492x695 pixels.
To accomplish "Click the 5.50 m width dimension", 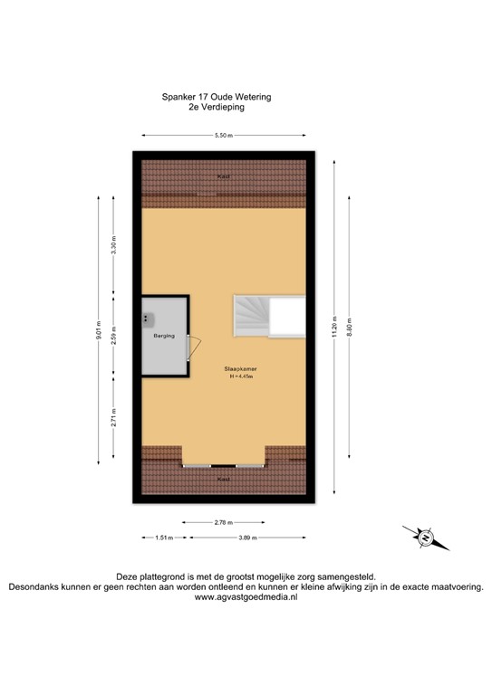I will [223, 135].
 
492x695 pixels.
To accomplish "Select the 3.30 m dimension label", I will [113, 252].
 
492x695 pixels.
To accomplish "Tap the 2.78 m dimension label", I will [222, 522].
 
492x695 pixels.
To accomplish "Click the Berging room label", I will [163, 335].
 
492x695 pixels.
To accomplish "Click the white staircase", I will [253, 317].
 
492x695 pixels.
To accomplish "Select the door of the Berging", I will [193, 348].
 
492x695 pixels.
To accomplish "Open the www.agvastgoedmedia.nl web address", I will [246, 597].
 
